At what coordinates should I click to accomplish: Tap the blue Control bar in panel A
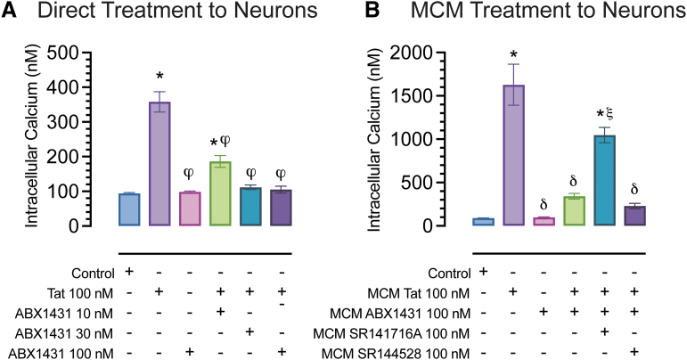click(x=128, y=209)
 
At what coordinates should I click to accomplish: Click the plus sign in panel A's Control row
click(x=130, y=270)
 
